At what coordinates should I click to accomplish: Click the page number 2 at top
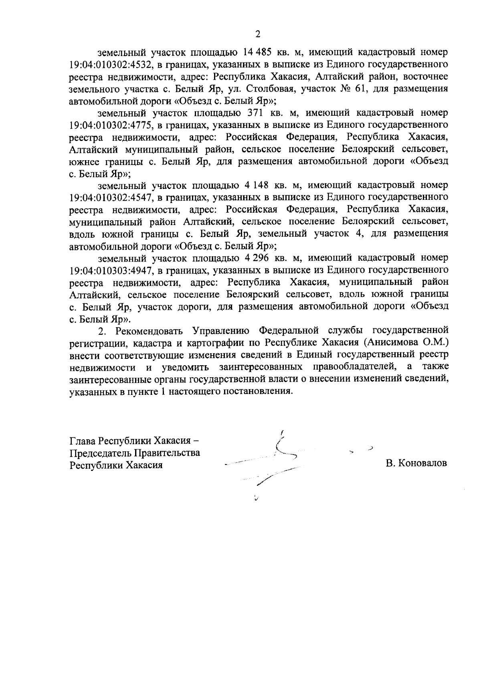click(x=258, y=34)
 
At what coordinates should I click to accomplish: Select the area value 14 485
click(x=258, y=52)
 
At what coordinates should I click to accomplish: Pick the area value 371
click(x=255, y=113)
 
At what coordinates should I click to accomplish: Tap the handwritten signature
click(x=277, y=461)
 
